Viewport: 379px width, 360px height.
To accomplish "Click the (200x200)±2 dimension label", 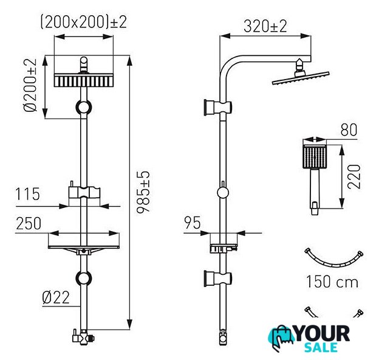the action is coord(83,22).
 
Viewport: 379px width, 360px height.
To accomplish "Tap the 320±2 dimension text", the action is coord(265,26).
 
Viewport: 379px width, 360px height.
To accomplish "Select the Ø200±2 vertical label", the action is coord(30,85).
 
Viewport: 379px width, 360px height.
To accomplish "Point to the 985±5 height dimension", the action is coord(143,192).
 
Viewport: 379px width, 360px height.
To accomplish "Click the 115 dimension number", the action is coord(27,194).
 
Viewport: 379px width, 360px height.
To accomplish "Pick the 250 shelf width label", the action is coord(29,223).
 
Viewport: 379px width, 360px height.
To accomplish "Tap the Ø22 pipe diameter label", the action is coord(56,297).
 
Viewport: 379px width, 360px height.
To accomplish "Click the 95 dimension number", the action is coord(193,223).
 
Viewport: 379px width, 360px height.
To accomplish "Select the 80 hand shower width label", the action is coord(349,130).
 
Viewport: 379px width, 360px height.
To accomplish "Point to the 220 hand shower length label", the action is coord(354,176).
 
